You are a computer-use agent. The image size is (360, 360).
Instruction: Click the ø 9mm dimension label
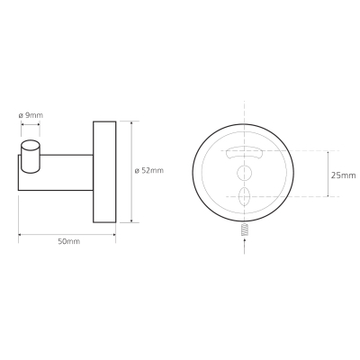31,115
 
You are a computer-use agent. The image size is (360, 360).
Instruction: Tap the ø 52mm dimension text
149,171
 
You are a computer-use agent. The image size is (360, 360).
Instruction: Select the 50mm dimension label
69,241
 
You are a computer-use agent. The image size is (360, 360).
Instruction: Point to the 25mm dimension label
343,175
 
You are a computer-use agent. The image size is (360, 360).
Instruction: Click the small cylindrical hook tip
30,157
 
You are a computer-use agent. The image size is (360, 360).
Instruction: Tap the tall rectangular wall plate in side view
104,172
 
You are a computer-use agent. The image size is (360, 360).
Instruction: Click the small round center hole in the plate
245,173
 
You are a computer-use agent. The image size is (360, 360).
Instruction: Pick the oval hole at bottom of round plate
244,196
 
